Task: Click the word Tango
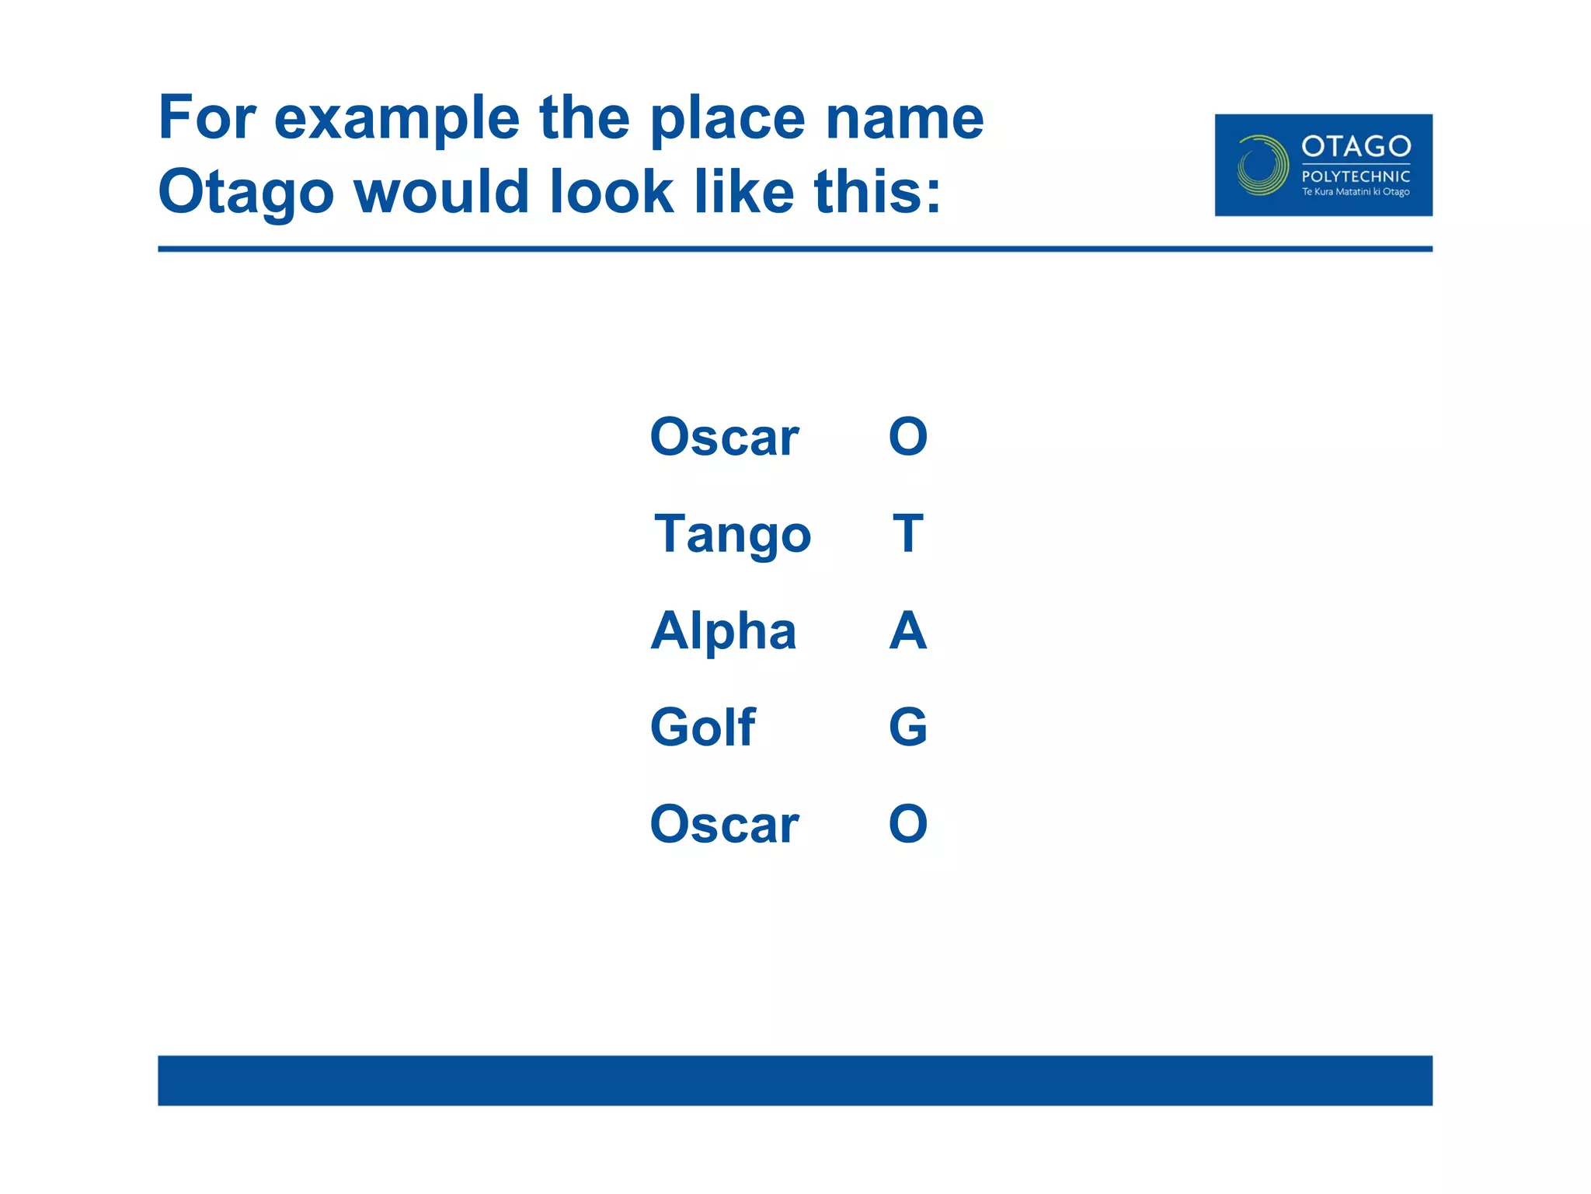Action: (733, 535)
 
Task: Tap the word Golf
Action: (702, 728)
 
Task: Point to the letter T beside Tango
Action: (907, 534)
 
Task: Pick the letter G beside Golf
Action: (907, 728)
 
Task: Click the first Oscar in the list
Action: (724, 437)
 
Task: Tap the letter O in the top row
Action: (907, 437)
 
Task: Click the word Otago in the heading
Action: (245, 193)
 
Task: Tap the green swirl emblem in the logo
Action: (1262, 166)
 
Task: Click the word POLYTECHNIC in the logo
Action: (1356, 176)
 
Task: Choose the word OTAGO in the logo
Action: (1356, 146)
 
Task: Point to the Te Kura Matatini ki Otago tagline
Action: (1356, 192)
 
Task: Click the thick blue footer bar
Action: (795, 1080)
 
